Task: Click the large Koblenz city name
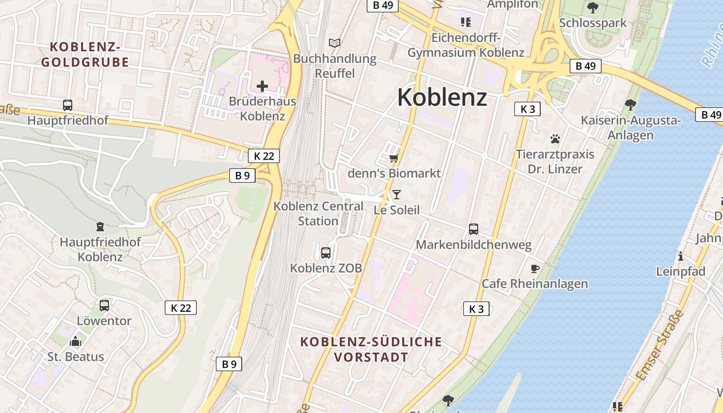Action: pos(442,97)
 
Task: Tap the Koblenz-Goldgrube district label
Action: pos(85,54)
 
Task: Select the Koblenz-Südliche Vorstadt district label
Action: pos(371,349)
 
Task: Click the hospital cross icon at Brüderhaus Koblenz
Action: pos(262,86)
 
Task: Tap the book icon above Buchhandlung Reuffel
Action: pos(335,43)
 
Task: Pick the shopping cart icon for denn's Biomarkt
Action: pos(394,157)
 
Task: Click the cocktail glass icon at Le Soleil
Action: pos(397,194)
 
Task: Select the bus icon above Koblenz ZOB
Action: pos(326,252)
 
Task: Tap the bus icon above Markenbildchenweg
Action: pos(474,229)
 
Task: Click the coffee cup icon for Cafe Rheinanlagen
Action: pos(535,268)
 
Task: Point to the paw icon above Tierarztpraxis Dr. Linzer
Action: pos(555,139)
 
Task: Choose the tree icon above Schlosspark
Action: pos(593,7)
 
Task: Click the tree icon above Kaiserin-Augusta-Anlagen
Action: pos(631,105)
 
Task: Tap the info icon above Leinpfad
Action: pos(681,256)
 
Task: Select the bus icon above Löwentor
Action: pos(104,305)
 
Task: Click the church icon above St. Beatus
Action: pos(75,341)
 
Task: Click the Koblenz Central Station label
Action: pos(318,213)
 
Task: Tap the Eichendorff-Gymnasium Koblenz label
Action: pos(466,45)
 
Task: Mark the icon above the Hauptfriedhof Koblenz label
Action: pos(100,226)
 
